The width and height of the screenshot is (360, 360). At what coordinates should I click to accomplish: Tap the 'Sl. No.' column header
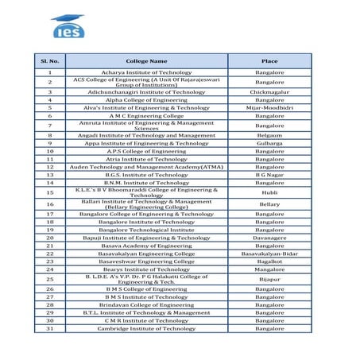click(x=49, y=60)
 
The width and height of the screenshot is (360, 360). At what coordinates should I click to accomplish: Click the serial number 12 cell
click(x=49, y=168)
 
